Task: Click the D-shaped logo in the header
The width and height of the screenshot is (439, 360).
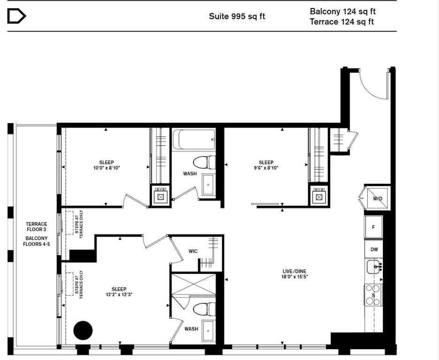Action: click(16, 16)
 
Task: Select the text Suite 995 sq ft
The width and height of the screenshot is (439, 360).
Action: click(237, 16)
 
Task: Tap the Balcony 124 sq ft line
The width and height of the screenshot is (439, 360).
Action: click(342, 11)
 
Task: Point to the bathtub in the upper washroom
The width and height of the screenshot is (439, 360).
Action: click(194, 140)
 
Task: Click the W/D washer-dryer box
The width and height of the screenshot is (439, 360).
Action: click(378, 199)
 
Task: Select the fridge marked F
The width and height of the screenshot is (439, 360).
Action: click(373, 227)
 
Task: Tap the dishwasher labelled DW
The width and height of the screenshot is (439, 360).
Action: click(374, 249)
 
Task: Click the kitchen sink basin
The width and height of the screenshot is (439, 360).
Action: click(373, 267)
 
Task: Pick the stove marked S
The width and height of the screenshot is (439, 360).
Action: click(373, 295)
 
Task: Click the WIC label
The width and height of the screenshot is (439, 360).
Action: click(193, 251)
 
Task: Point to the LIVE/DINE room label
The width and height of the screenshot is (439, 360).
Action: click(294, 271)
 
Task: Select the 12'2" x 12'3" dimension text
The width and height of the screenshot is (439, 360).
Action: click(119, 294)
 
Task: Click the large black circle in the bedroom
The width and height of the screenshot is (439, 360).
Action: click(83, 330)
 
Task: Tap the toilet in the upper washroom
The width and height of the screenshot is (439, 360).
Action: click(204, 163)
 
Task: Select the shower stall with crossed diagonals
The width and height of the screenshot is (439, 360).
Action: click(193, 284)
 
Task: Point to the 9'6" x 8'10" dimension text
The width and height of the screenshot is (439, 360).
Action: click(266, 168)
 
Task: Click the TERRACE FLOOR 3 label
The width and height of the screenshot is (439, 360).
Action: click(37, 227)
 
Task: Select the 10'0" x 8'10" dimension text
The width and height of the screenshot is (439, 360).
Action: click(106, 168)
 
